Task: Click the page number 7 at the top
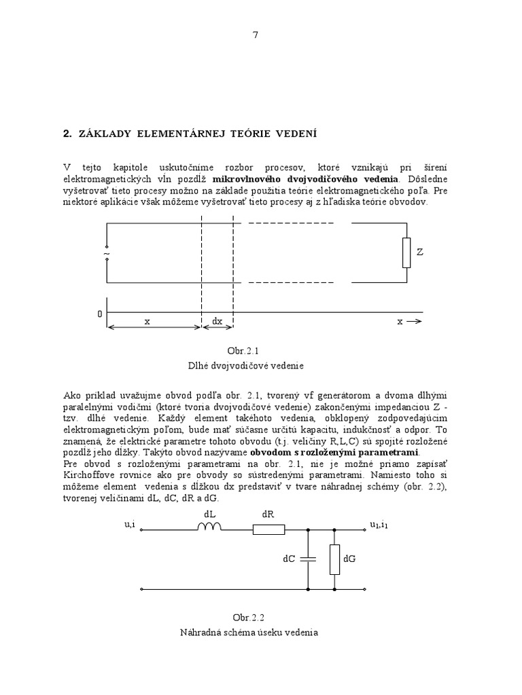tap(256, 36)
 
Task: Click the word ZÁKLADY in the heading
tap(103, 134)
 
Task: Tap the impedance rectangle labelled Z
tap(406, 252)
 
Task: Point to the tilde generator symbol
tap(107, 254)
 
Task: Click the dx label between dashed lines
tap(217, 322)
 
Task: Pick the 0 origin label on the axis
tap(100, 314)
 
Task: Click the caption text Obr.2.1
tap(246, 350)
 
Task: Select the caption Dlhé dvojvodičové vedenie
tap(246, 365)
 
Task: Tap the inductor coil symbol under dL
tap(209, 527)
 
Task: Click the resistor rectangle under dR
tap(268, 528)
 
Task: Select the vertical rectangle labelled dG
tap(334, 559)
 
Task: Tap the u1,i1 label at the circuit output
tap(379, 524)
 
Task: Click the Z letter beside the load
tap(420, 252)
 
